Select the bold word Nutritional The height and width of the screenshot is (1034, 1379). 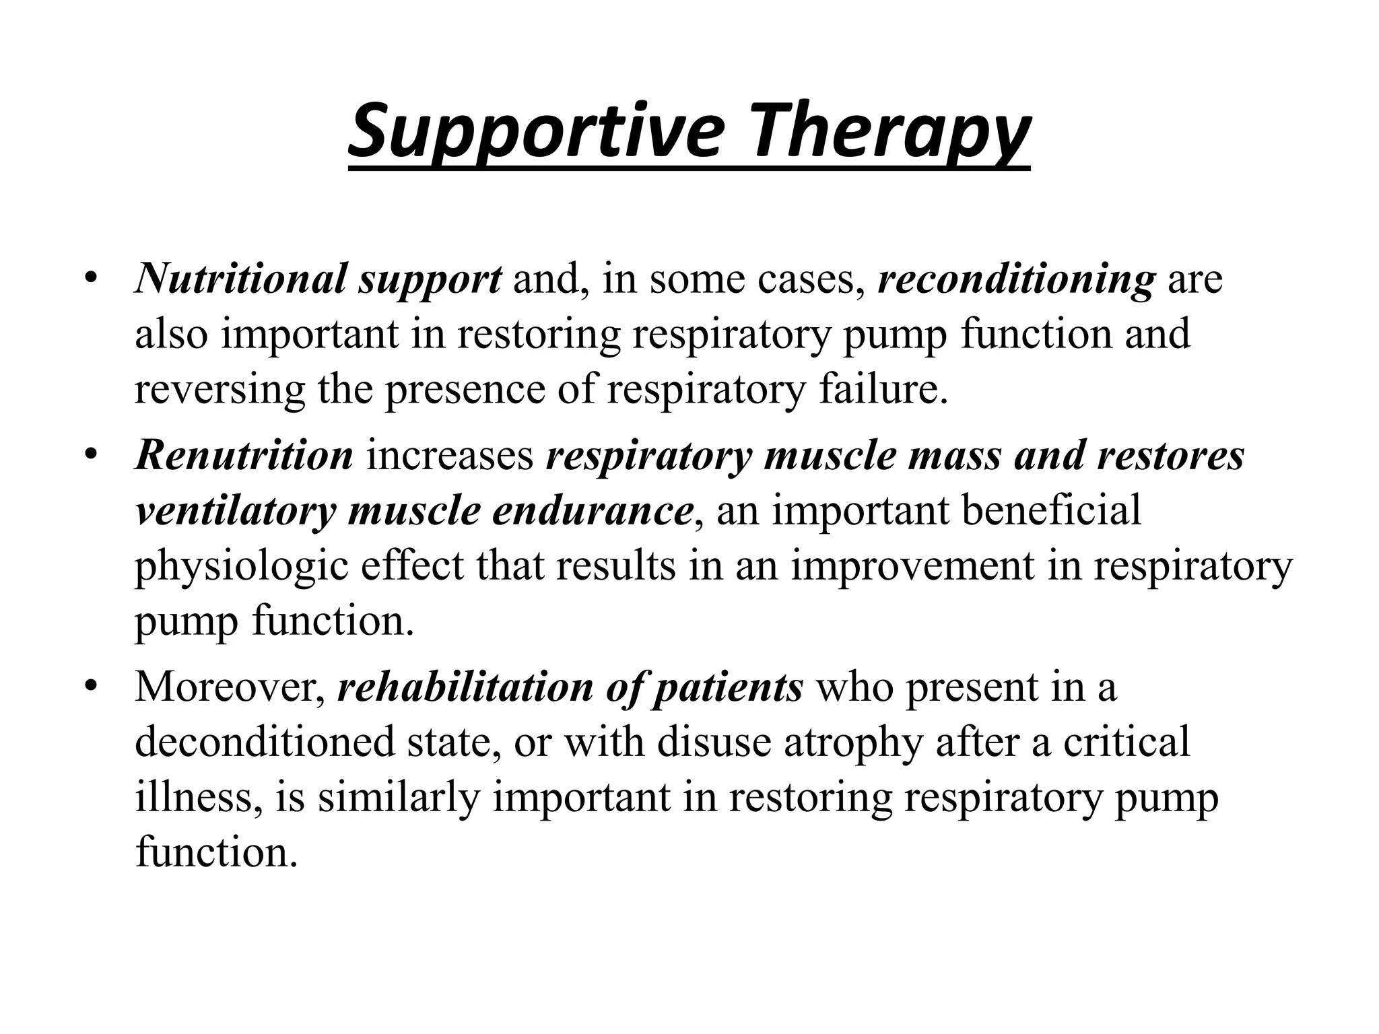coord(240,279)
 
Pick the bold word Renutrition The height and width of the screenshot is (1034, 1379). coord(244,455)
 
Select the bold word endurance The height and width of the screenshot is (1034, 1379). coord(593,511)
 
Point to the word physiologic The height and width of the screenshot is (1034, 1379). coord(242,567)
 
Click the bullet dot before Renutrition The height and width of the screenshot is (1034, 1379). coord(92,455)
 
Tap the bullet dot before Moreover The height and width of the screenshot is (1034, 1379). coord(92,687)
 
